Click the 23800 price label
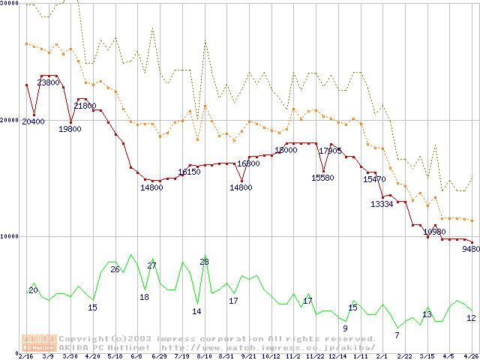click(x=49, y=82)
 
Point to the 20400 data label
click(x=33, y=121)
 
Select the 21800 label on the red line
click(x=85, y=106)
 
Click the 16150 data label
click(x=189, y=172)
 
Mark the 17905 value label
click(x=330, y=151)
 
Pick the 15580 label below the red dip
click(x=322, y=178)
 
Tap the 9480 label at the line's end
click(x=471, y=250)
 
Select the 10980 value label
click(x=435, y=232)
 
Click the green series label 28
click(x=204, y=262)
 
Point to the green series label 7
click(x=397, y=334)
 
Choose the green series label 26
click(x=115, y=269)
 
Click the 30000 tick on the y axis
click(x=10, y=4)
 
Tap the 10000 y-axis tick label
click(x=10, y=236)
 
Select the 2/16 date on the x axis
click(x=26, y=356)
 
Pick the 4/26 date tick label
click(x=470, y=356)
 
